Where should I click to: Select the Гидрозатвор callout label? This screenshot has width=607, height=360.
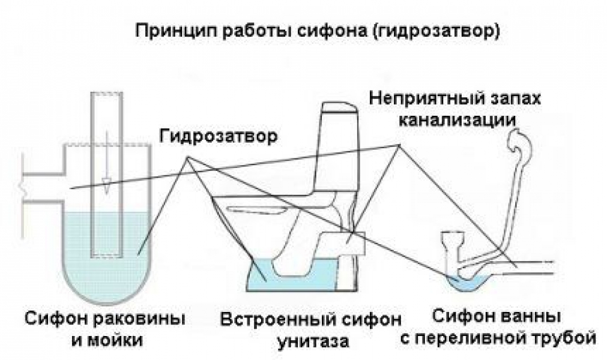click(x=219, y=136)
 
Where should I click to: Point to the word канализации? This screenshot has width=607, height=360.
click(x=457, y=120)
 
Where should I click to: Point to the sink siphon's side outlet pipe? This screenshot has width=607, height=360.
click(x=43, y=188)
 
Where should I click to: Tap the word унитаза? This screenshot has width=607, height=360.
click(x=313, y=342)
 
